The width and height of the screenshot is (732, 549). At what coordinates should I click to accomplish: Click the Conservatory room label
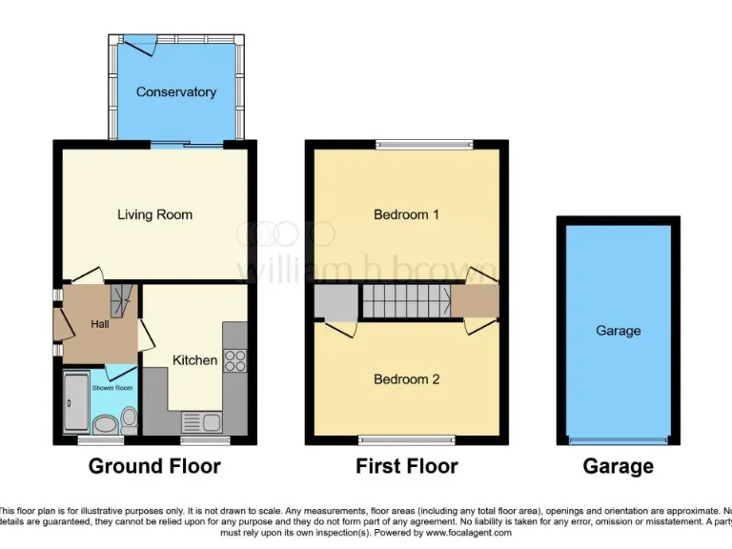coord(175,92)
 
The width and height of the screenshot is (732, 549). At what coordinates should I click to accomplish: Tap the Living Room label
coord(154,214)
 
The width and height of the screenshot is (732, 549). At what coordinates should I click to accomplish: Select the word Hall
coord(100,325)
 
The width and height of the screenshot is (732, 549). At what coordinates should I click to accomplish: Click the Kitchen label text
coord(194,360)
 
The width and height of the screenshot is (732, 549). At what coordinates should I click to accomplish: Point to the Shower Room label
coord(112,388)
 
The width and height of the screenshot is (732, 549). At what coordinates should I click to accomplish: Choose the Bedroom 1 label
coord(406,214)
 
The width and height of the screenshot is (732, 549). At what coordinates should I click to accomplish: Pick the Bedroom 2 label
coord(406,379)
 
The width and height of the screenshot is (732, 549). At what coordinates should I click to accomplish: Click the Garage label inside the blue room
coord(618,331)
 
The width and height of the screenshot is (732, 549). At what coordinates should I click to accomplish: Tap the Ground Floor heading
coord(154,466)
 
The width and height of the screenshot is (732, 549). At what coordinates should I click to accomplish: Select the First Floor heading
coord(406,466)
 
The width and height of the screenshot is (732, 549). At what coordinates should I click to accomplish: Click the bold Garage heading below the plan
coord(618,466)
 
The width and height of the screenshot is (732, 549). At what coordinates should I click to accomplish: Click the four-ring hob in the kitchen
coord(234,360)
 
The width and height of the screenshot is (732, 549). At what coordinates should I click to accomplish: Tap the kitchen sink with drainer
coord(201,422)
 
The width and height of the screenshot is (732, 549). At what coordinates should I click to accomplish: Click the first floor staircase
coord(405,302)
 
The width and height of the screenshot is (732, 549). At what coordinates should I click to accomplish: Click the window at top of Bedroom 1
coord(423,145)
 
